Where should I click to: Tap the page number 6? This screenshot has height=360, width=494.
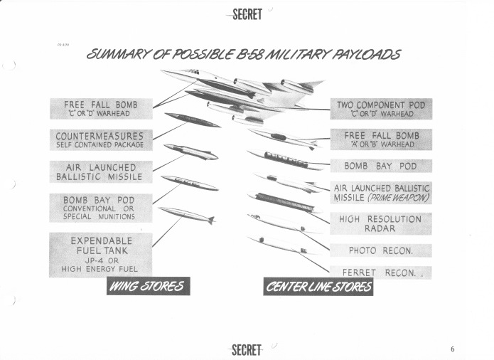(x=452, y=349)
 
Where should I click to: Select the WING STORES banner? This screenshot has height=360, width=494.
(x=147, y=287)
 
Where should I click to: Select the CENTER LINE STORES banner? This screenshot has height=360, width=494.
(x=318, y=287)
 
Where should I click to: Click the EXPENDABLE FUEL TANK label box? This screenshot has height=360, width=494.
(x=100, y=255)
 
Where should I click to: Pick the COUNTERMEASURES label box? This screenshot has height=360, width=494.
(x=100, y=139)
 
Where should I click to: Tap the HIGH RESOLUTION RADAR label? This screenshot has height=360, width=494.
(x=380, y=223)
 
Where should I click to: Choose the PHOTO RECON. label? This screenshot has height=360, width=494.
(x=380, y=250)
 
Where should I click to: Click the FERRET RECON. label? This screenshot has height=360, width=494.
(x=380, y=272)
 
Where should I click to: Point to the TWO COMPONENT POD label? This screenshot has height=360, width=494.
(x=380, y=109)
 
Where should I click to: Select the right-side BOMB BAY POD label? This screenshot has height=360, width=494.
(x=380, y=166)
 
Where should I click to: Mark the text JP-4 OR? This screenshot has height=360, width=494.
(x=100, y=260)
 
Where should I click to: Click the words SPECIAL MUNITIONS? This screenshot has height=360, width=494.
(x=100, y=216)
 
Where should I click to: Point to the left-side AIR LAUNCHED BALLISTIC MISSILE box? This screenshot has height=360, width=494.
(x=100, y=171)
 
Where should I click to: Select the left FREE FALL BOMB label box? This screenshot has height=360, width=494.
(x=100, y=108)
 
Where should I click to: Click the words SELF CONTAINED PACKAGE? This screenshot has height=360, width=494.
(x=100, y=145)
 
